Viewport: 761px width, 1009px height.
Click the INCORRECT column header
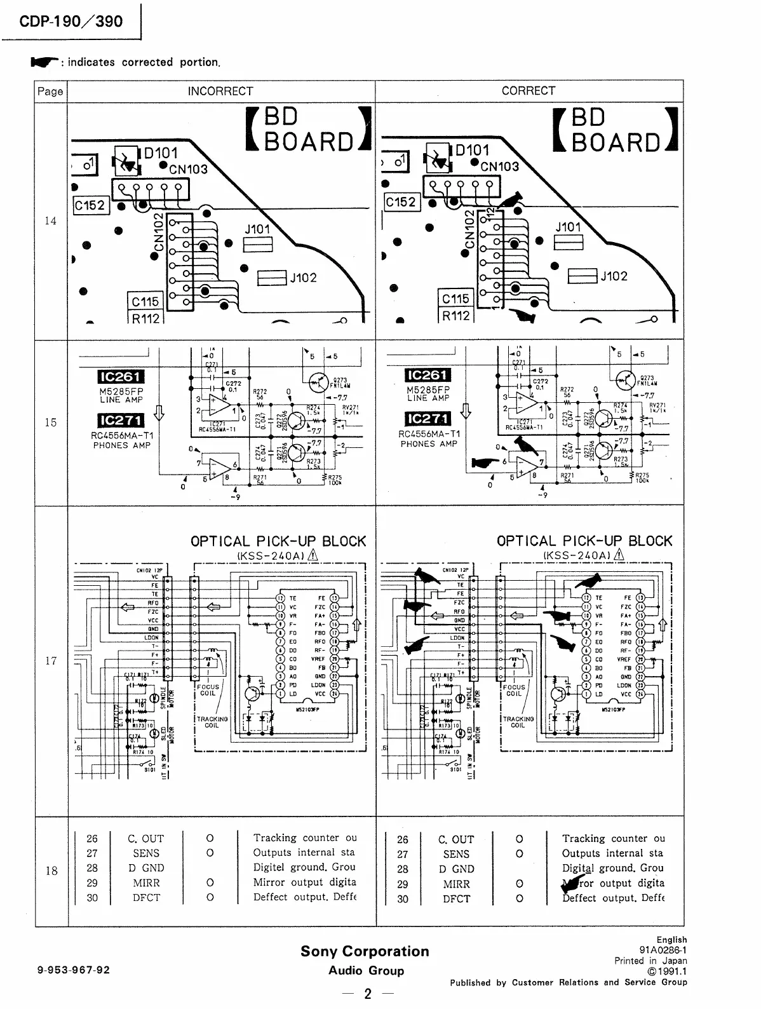point(220,91)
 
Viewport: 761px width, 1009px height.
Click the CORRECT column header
point(528,91)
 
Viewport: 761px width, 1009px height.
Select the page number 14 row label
point(50,221)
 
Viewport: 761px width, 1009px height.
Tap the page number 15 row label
point(50,423)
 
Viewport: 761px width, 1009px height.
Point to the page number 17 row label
point(50,661)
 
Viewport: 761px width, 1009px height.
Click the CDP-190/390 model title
point(71,21)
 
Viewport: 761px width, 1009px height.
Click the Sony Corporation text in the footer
point(365,951)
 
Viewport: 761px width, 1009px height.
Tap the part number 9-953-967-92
point(74,970)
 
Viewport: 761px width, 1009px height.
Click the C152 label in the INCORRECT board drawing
point(90,205)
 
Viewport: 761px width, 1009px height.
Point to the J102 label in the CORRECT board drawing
point(614,276)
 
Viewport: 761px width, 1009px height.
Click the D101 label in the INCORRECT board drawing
point(161,153)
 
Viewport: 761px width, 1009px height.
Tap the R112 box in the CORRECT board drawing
point(455,316)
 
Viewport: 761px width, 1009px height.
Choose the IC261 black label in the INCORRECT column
point(121,377)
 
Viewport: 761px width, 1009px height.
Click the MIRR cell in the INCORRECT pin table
point(146,883)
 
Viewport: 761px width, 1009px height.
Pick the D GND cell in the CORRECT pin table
point(456,869)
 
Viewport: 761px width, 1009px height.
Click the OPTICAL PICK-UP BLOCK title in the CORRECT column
point(584,541)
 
